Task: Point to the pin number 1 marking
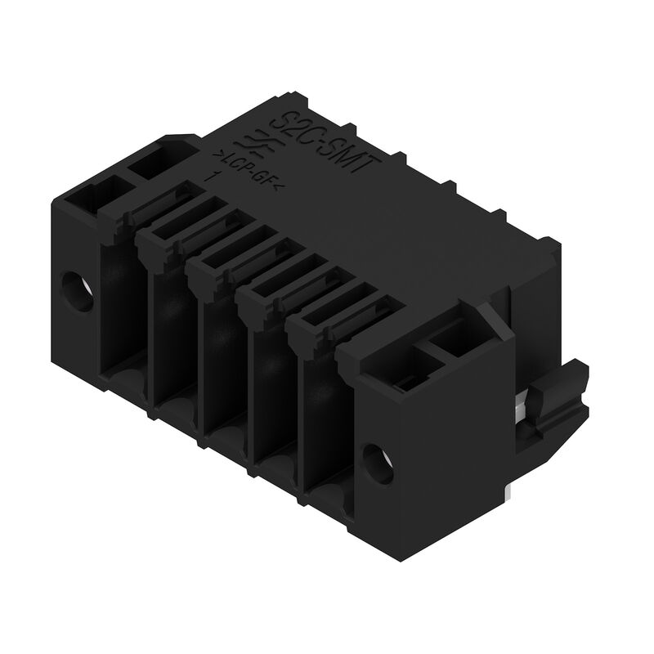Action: coord(214,177)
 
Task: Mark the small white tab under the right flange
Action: coord(508,487)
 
